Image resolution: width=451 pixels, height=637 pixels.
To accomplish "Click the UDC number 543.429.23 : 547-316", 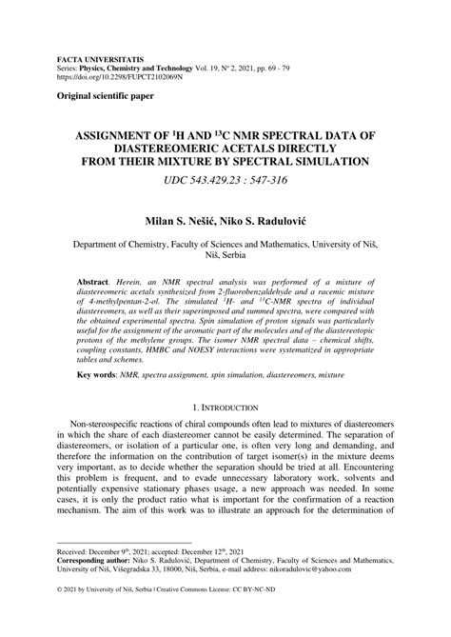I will (x=225, y=183).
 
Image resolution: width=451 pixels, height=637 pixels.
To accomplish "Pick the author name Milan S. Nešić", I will (x=177, y=220).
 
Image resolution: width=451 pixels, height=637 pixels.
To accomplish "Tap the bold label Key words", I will (x=99, y=403).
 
